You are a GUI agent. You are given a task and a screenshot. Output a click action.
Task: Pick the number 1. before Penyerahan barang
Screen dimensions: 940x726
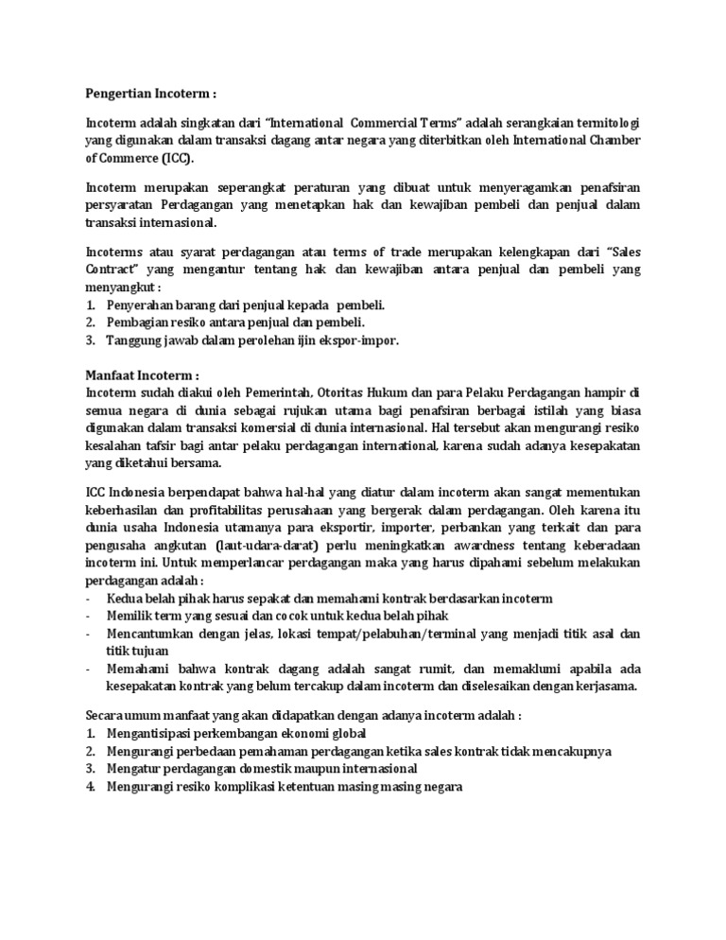[91, 305]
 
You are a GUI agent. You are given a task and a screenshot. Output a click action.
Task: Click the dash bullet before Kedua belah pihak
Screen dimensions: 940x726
[88, 599]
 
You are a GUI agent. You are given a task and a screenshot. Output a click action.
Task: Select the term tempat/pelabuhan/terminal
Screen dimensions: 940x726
[395, 633]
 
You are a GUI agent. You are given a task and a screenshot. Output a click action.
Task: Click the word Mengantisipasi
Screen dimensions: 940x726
[152, 734]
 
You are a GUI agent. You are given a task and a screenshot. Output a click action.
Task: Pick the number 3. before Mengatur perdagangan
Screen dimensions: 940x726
[91, 769]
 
